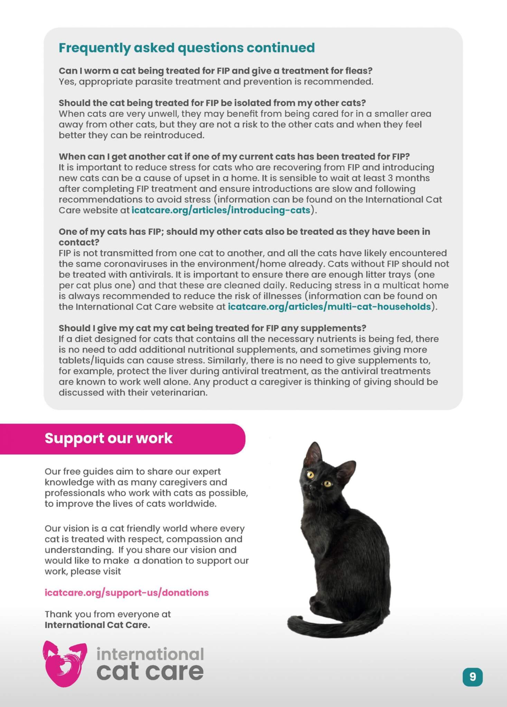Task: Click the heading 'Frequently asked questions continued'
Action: [187, 48]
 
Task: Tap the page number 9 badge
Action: [472, 677]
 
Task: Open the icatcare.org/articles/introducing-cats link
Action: [221, 210]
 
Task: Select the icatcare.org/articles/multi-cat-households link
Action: [329, 307]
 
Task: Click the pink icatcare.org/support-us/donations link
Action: [126, 593]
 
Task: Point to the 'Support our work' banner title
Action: [109, 438]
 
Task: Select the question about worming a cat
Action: [215, 71]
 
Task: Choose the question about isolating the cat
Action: [212, 103]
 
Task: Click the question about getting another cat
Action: [234, 156]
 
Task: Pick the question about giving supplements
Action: [212, 328]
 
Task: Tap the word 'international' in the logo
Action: [150, 654]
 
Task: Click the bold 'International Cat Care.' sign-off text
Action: [97, 625]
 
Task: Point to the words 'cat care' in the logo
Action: [150, 671]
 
